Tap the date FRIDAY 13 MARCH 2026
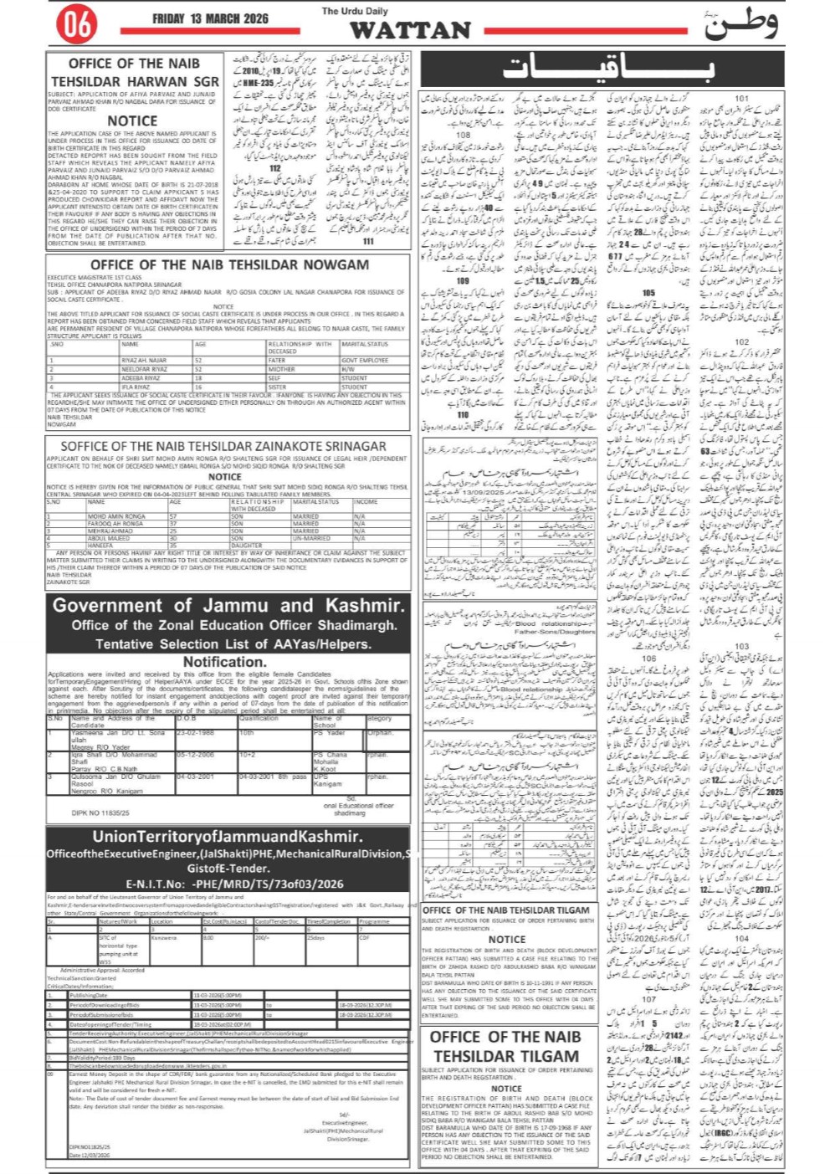pyautogui.click(x=210, y=18)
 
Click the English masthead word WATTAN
pyautogui.click(x=411, y=30)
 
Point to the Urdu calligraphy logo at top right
pyautogui.click(x=740, y=23)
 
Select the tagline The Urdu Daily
pyautogui.click(x=355, y=11)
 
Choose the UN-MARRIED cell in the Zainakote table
pyautogui.click(x=310, y=538)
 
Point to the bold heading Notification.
pyautogui.click(x=224, y=662)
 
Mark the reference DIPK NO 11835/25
pyautogui.click(x=100, y=813)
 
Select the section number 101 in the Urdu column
pyautogui.click(x=742, y=98)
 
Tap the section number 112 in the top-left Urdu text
pyautogui.click(x=275, y=169)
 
